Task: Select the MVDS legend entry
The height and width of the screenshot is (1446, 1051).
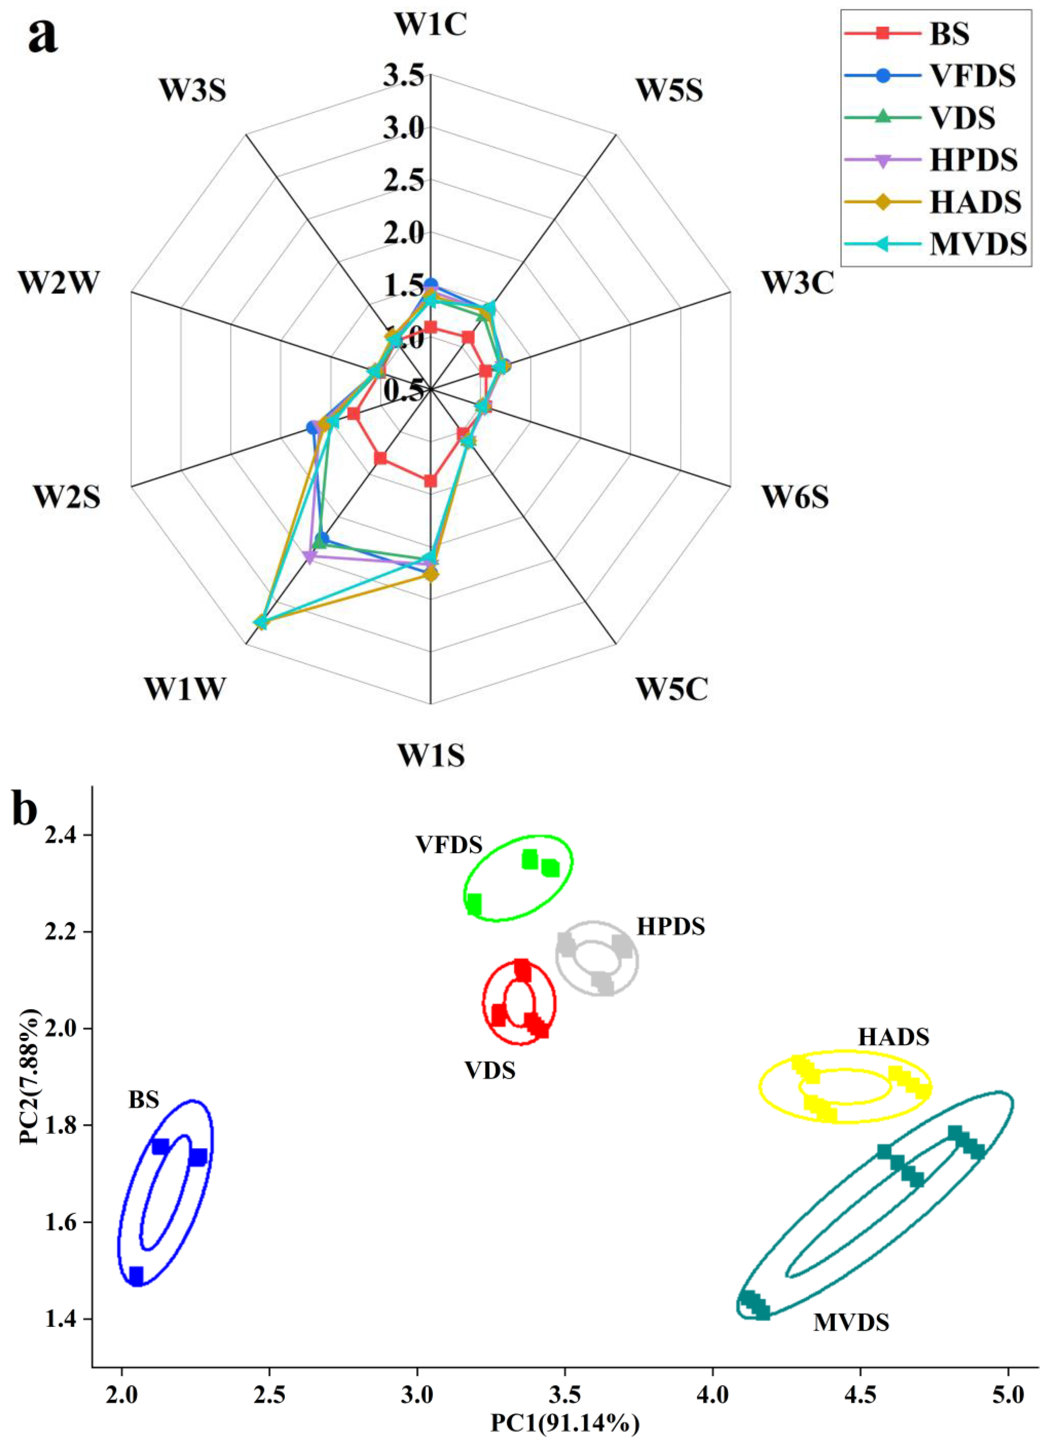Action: point(978,244)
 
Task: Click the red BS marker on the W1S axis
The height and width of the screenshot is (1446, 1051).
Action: point(431,481)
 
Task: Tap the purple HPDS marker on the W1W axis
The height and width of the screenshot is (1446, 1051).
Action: point(310,558)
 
